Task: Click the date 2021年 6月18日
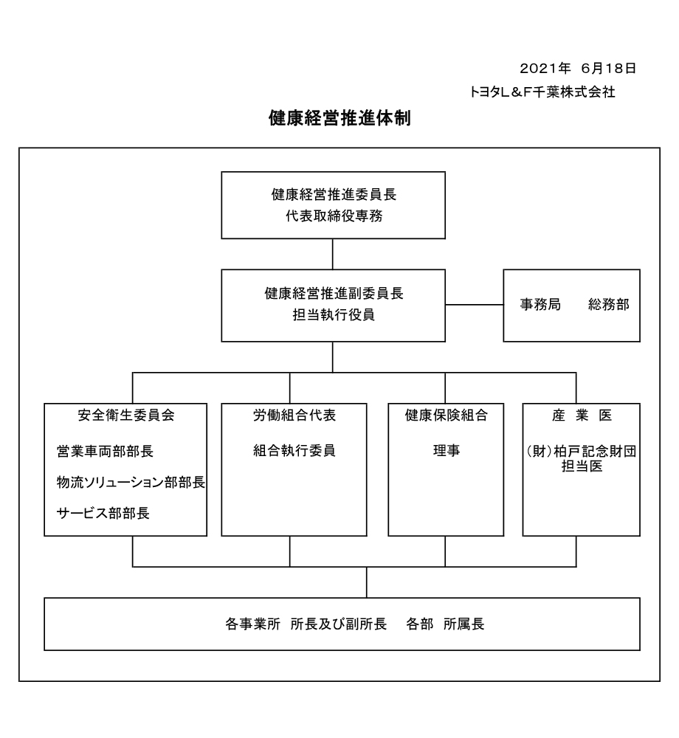578,68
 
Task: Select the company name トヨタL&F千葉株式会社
542,92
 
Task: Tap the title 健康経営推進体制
339,117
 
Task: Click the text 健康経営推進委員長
334,194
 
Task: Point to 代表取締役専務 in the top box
334,216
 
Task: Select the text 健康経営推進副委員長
334,293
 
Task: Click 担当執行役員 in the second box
334,314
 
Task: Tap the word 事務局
540,305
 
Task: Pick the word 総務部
608,305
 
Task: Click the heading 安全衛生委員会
126,415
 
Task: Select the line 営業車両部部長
105,452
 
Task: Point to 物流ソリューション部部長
131,482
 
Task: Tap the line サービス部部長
103,513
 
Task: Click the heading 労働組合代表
294,415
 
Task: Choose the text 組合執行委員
294,450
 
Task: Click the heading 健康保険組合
446,415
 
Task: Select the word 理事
446,450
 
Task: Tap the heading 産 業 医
582,415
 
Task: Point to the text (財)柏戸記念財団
582,452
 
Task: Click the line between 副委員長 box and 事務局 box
475,305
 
